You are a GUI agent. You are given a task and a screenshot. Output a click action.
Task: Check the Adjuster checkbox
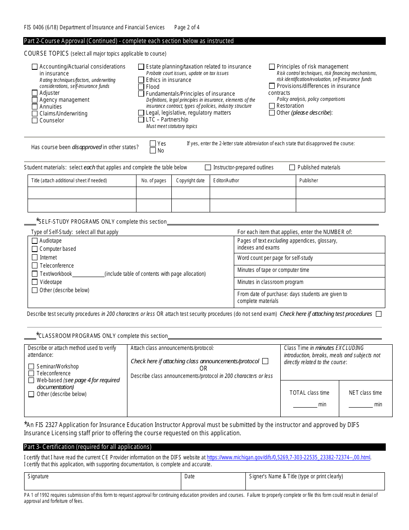35,93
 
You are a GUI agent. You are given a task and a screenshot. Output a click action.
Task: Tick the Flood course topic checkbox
141,87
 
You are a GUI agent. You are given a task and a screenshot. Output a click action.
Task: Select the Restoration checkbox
272,106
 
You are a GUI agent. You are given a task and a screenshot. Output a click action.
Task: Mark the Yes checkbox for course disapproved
153,143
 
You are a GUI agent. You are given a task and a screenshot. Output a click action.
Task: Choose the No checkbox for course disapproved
153,150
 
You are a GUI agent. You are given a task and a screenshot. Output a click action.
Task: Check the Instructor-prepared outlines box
208,167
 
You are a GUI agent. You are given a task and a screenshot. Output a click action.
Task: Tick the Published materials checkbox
292,167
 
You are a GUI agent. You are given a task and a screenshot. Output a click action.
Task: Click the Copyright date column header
190,181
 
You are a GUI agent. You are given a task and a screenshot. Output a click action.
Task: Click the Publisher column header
309,181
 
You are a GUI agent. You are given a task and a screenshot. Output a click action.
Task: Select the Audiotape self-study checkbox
35,241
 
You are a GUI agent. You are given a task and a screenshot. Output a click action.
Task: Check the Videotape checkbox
35,282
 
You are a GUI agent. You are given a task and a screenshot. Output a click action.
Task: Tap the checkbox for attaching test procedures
378,314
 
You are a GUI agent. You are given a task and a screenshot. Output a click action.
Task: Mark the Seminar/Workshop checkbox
31,367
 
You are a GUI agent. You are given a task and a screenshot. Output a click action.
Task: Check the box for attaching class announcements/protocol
265,361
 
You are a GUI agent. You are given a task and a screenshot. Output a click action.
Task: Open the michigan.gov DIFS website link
288,458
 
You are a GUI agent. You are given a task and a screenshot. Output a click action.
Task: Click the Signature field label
38,477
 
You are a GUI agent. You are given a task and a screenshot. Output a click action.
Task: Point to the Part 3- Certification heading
88,447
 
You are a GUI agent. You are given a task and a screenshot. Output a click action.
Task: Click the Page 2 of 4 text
187,28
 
